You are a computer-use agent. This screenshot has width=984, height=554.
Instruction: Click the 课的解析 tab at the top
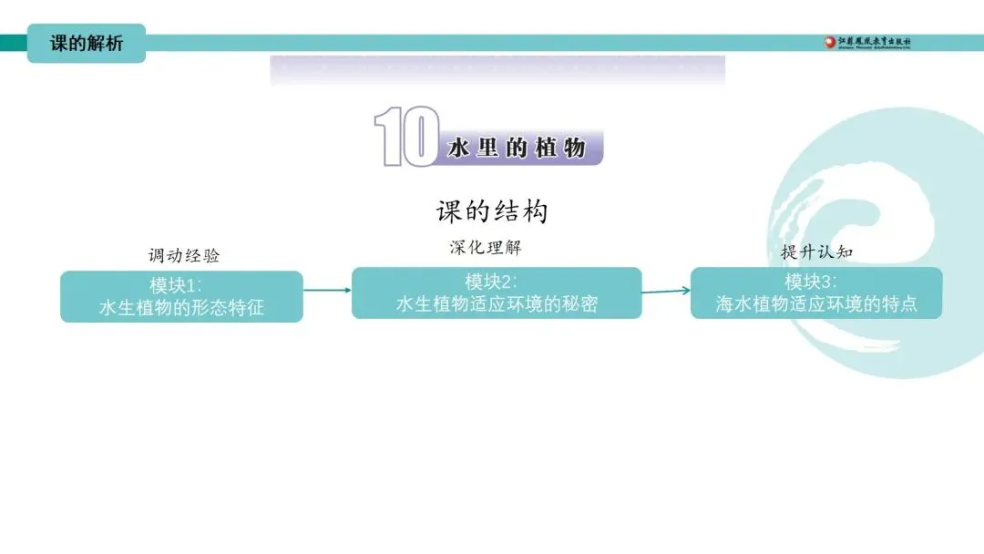(86, 43)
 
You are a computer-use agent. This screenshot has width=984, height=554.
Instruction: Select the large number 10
(406, 137)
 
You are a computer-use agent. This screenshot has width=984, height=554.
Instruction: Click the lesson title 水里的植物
(517, 149)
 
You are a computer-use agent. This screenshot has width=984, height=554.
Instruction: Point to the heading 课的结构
(492, 211)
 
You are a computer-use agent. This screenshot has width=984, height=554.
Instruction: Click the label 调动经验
(184, 255)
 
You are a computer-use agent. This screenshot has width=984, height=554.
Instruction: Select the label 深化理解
(486, 247)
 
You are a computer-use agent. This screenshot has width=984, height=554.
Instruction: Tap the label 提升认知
(816, 251)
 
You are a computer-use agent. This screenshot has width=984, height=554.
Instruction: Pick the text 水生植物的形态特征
(181, 307)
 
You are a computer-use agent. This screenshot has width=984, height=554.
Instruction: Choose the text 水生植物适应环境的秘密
(497, 304)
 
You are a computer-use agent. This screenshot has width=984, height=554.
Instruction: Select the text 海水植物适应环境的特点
(816, 304)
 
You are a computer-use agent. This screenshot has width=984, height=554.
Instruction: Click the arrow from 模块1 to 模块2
(327, 290)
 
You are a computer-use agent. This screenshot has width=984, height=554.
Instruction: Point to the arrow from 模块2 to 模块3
(666, 292)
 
